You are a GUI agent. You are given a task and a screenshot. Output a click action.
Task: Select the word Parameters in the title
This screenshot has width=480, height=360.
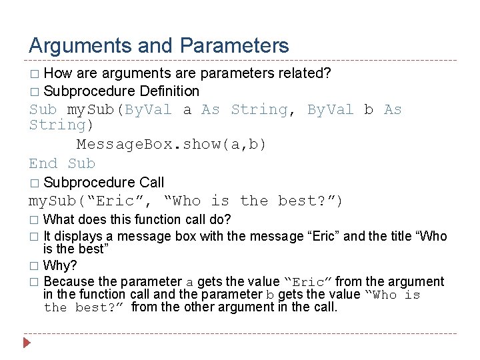tap(234, 46)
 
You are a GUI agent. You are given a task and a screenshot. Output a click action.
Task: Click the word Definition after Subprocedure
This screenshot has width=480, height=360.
tap(169, 91)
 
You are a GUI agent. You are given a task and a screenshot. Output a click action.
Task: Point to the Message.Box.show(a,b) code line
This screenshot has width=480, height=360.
tap(171, 145)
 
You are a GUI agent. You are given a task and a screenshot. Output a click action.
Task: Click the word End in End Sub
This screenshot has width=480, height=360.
tap(44, 163)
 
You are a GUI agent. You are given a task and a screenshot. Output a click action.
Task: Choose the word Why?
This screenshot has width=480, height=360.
tap(61, 265)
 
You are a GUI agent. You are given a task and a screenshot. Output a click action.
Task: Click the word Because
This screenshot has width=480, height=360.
tap(69, 282)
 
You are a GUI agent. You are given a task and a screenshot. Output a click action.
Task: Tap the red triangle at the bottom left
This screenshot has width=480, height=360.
tap(27, 345)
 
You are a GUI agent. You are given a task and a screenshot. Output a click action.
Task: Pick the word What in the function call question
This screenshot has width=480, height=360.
tap(59, 219)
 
